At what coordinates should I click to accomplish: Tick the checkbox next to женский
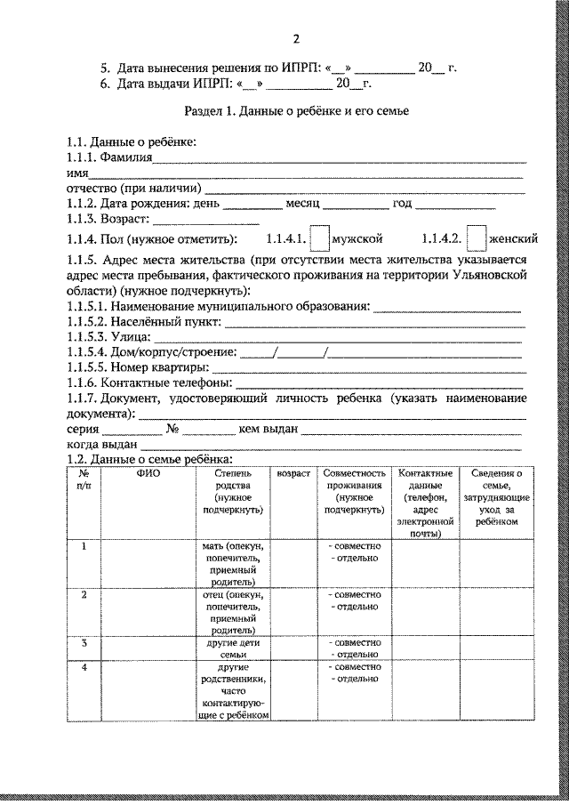click(477, 238)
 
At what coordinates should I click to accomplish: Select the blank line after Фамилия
click(338, 161)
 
